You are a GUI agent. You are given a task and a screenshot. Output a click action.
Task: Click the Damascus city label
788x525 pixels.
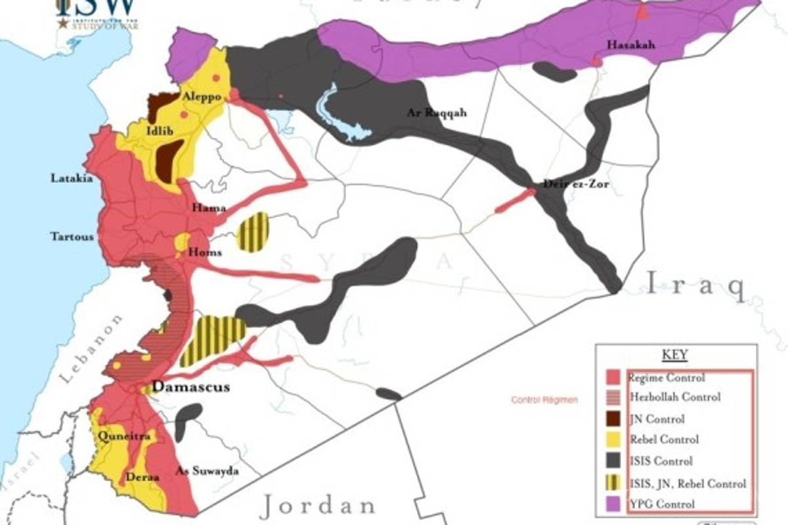click(x=191, y=387)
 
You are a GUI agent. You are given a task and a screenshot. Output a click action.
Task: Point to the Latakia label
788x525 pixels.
click(x=72, y=178)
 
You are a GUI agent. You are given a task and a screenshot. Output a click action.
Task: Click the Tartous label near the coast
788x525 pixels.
click(x=72, y=236)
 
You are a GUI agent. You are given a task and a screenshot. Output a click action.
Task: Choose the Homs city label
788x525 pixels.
click(x=206, y=252)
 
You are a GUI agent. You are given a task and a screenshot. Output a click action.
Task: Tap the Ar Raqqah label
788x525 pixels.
click(x=436, y=113)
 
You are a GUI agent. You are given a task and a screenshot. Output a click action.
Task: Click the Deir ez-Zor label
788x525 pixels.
click(x=576, y=184)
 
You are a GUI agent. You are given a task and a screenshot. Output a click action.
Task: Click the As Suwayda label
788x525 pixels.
click(x=207, y=471)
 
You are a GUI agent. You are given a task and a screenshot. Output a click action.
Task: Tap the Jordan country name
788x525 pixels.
click(x=317, y=505)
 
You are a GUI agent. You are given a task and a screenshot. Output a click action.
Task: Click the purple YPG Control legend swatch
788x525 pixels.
click(x=613, y=504)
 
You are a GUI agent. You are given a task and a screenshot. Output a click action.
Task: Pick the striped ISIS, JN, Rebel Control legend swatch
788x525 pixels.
click(x=613, y=483)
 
